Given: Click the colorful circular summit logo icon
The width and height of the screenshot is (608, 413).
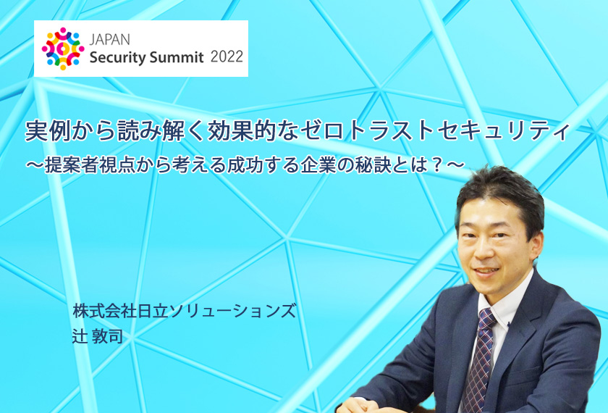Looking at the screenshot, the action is (63, 49).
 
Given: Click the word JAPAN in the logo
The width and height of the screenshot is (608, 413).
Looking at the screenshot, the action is (109, 39).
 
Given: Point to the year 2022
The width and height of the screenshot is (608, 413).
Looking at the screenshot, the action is (227, 57).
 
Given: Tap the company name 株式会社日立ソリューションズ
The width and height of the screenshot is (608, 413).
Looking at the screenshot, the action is (184, 311).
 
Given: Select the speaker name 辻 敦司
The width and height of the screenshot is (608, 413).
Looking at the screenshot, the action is (97, 336).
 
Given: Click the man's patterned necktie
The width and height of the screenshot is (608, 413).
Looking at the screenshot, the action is (481, 361).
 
